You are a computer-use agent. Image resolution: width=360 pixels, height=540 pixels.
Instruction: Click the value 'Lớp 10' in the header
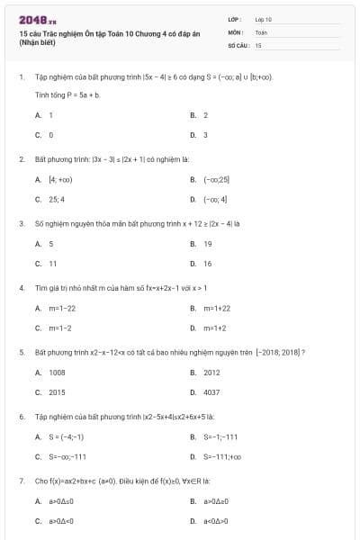pos(264,19)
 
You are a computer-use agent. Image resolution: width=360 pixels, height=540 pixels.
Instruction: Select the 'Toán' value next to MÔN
pos(261,31)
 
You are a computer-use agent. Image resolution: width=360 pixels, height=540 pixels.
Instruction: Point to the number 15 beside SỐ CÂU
pos(258,44)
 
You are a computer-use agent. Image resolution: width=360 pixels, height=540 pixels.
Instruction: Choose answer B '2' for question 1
pos(205,115)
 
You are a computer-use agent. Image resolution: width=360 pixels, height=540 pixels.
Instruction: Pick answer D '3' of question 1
pos(205,135)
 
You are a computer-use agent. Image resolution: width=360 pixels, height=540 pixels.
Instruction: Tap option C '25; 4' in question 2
pos(57,199)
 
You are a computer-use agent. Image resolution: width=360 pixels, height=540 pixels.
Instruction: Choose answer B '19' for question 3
pos(207,244)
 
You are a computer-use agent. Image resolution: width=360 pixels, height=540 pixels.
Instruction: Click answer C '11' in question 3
pos(53,264)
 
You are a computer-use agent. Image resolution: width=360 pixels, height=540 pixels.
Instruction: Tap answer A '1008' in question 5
pos(57,373)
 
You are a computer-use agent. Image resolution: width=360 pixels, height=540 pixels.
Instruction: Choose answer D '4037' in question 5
pos(211,392)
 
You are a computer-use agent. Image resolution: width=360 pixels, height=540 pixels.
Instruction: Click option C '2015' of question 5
pos(57,392)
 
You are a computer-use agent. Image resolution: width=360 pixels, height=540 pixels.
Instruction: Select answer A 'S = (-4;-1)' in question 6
pos(66,437)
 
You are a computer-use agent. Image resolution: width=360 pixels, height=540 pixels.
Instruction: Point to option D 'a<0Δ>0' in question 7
pos(216,521)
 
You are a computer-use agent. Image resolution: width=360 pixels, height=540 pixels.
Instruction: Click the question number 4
pos(21,288)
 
